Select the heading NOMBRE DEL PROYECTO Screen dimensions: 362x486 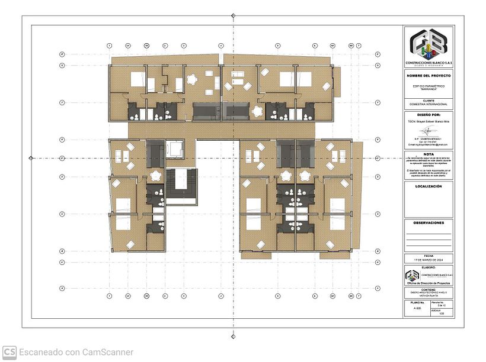pos(429,76)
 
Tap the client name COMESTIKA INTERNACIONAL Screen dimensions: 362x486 pos(429,104)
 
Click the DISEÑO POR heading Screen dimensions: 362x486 pos(429,115)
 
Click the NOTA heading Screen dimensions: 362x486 pos(429,153)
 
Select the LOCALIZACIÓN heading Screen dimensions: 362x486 pos(429,186)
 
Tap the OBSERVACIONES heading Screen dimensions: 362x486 pos(429,223)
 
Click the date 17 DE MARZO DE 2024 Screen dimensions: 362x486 pos(429,260)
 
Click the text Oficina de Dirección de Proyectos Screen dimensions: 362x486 pos(429,283)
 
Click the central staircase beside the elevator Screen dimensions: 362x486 pos(180,186)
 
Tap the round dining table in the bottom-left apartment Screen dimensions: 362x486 pos(156,176)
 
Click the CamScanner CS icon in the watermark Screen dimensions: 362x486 pos(9,352)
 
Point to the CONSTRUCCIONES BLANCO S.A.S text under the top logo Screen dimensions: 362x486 pos(429,63)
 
